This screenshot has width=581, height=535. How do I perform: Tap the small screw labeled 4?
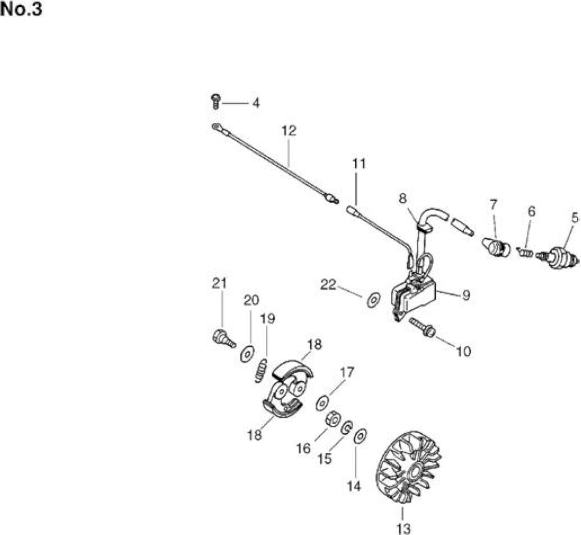click(216, 101)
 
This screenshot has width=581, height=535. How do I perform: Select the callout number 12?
click(289, 131)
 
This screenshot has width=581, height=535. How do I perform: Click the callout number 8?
click(403, 199)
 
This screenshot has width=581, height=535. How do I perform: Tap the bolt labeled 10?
click(422, 326)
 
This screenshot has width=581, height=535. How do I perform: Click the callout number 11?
click(358, 164)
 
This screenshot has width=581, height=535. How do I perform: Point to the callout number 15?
click(324, 459)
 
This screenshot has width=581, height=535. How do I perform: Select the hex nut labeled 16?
click(333, 420)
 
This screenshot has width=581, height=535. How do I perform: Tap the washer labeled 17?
click(323, 403)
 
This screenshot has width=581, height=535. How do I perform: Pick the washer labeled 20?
click(247, 354)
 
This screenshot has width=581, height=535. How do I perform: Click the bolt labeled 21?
click(224, 338)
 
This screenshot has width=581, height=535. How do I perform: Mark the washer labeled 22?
click(374, 299)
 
